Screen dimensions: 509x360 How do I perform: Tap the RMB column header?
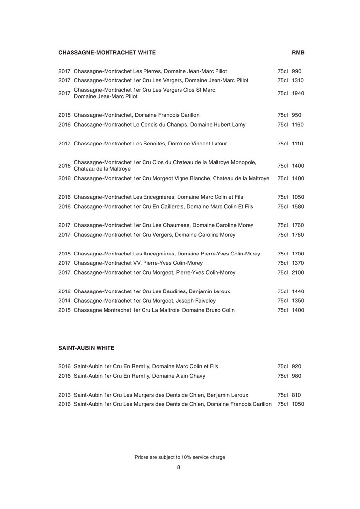tap(298, 52)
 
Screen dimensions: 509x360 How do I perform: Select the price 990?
tap(296, 71)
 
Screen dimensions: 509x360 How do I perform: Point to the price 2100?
tap(298, 273)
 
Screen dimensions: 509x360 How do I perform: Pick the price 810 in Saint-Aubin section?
tap(296, 395)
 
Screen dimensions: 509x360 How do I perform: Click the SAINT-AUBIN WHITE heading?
tap(86, 348)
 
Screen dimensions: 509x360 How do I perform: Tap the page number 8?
tap(179, 467)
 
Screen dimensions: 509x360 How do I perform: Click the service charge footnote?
tap(180, 457)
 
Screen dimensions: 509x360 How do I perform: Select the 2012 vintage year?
tap(64, 291)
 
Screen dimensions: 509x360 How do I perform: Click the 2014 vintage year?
tap(64, 301)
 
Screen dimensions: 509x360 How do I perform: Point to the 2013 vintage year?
tap(64, 395)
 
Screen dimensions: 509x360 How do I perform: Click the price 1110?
tap(298, 144)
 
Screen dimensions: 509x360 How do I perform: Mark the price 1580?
tap(298, 207)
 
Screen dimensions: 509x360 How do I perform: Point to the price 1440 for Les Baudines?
tap(298, 291)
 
